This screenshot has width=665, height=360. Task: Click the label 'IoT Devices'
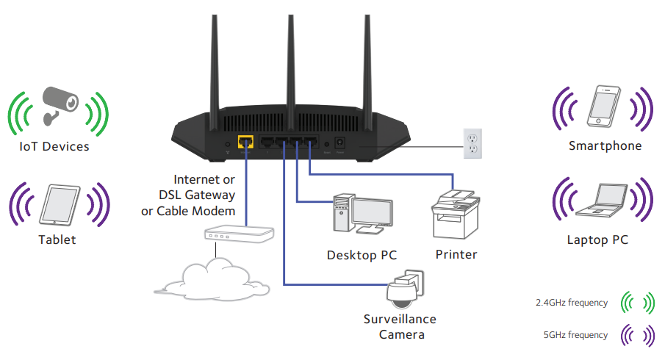(x=54, y=147)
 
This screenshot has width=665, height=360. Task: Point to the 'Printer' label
(x=456, y=255)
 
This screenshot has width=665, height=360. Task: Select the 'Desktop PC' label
(x=362, y=256)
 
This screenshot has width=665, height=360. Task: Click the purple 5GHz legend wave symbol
(x=638, y=336)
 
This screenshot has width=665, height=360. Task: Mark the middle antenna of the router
(x=291, y=59)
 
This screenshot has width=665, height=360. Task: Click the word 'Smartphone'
(x=605, y=146)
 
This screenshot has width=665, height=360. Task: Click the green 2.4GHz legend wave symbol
(x=638, y=303)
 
